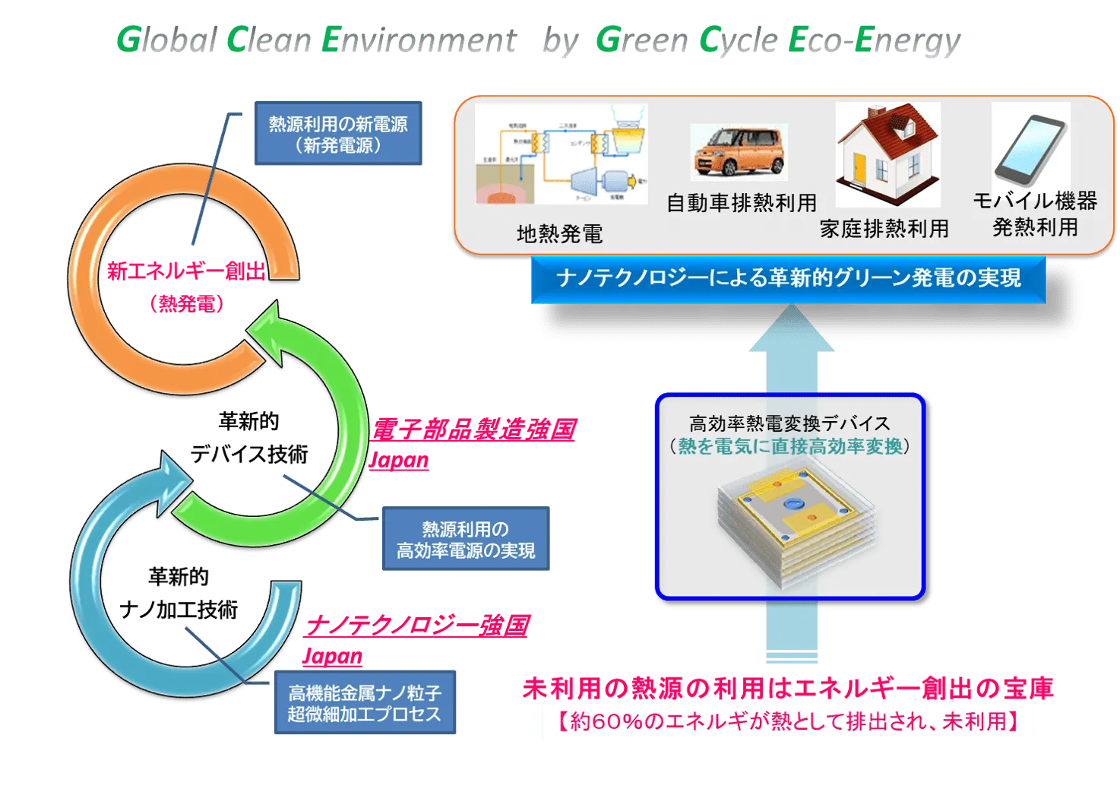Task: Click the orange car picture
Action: pos(739,152)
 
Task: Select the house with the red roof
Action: pos(887,154)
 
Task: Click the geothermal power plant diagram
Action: pos(562,155)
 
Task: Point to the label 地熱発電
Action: pos(559,234)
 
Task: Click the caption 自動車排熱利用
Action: pos(741,203)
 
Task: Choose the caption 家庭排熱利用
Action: pos(884,229)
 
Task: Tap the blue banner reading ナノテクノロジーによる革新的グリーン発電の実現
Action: pos(787,279)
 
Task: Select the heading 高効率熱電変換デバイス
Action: pos(789,423)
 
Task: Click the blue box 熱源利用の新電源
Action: pos(338,134)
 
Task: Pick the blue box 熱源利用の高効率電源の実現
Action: pos(465,540)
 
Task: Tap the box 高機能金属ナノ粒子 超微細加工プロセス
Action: pos(364,703)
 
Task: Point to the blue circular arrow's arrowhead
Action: pos(172,475)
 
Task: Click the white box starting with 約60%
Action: pos(789,721)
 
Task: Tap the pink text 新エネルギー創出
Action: pos(187,271)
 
